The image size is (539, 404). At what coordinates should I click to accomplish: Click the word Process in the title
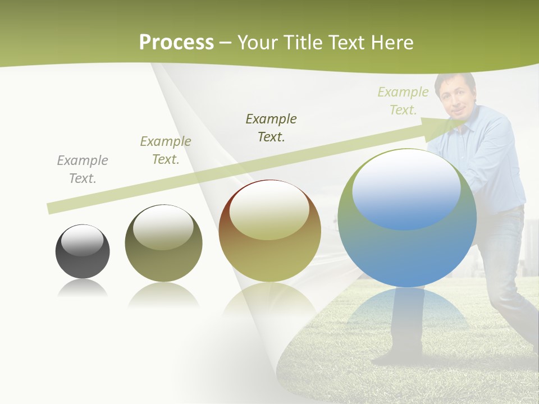[176, 43]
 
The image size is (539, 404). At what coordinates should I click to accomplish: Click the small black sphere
[83, 252]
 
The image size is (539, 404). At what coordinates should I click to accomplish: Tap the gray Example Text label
[83, 169]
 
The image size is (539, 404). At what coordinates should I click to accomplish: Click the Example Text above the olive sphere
[166, 150]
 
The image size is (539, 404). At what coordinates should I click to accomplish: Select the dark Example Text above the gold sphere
[271, 127]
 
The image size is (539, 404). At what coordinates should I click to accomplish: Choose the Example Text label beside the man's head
[403, 101]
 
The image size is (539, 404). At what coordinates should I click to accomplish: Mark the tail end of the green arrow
[51, 208]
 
